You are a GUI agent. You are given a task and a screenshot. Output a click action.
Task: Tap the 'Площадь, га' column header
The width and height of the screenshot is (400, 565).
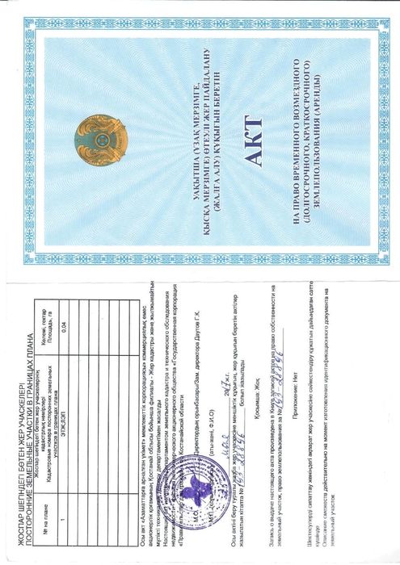pos(50,324)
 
